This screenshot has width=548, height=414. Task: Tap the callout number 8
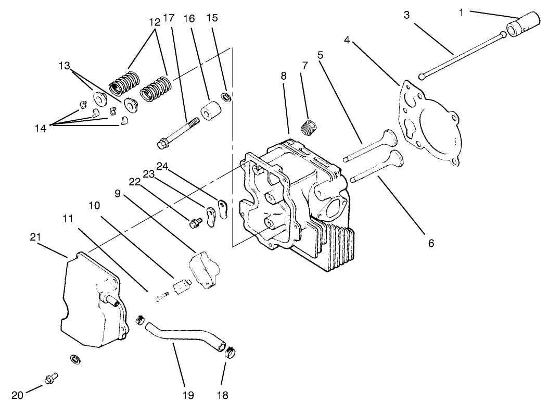283,76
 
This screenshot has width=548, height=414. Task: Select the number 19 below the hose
188,395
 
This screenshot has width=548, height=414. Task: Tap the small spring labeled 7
310,127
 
